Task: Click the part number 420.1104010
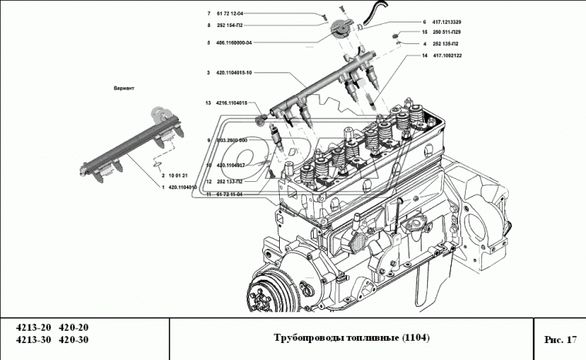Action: click(183, 187)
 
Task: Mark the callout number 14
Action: click(424, 56)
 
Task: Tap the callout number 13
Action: click(207, 103)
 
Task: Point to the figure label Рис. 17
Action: click(560, 339)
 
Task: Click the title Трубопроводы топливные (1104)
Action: click(352, 338)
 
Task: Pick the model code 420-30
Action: click(74, 340)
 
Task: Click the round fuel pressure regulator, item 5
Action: click(339, 32)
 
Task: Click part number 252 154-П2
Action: click(233, 25)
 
